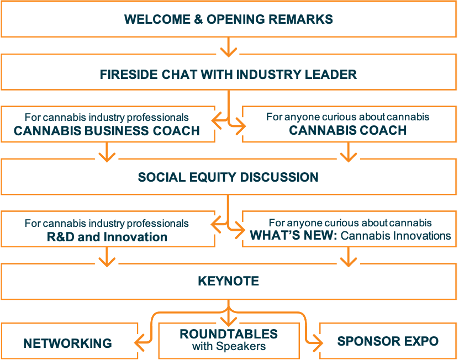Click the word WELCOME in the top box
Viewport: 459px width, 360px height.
tap(157, 19)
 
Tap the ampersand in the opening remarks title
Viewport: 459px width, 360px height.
tap(198, 19)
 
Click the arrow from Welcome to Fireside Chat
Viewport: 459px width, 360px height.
tap(228, 47)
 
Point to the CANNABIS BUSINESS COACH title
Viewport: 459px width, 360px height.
tap(107, 131)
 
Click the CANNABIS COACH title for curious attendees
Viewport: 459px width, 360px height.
tap(348, 130)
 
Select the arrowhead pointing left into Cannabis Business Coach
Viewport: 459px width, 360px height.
tap(217, 120)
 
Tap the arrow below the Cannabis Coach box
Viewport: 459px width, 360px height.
tap(349, 152)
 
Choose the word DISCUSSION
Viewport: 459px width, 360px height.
tap(279, 177)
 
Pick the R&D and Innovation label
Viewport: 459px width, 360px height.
tap(107, 237)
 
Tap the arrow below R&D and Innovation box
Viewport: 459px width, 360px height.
tap(107, 257)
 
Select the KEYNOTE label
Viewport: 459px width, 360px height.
tap(228, 281)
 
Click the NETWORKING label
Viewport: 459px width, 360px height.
tap(67, 343)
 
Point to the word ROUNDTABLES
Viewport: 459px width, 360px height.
tap(229, 334)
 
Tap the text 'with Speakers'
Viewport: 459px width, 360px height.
tap(229, 346)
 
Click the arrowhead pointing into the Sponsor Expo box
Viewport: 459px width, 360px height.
tap(318, 342)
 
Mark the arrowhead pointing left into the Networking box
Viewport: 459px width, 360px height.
tap(140, 342)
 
